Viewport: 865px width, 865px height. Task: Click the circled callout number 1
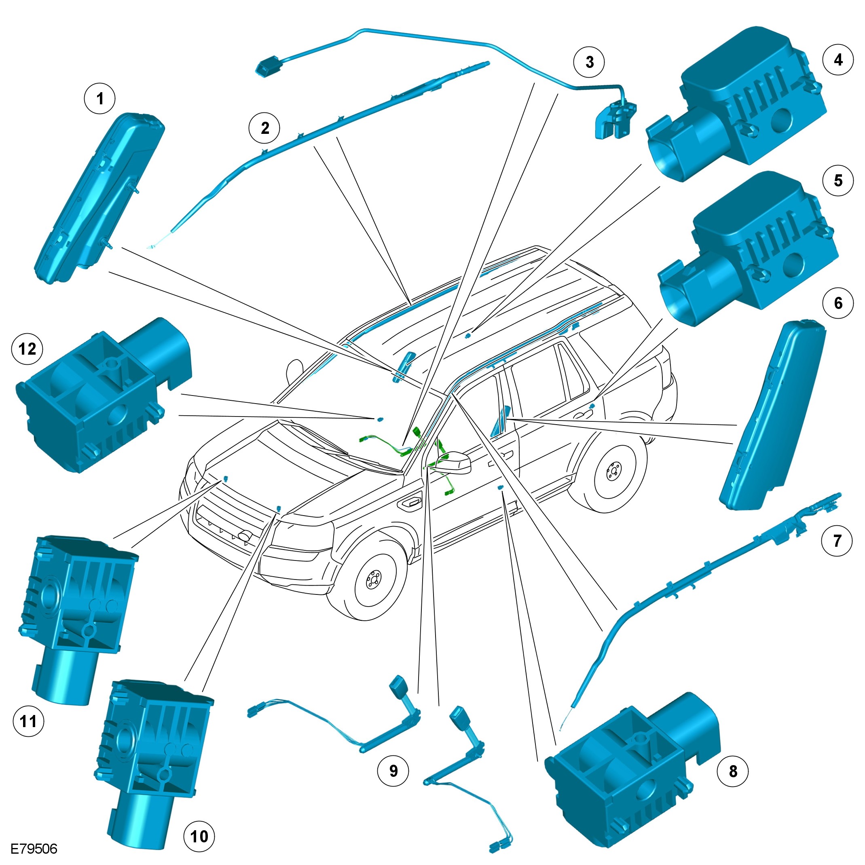pyautogui.click(x=100, y=99)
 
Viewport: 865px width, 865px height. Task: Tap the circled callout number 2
pyautogui.click(x=264, y=128)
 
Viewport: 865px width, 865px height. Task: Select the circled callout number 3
pyautogui.click(x=589, y=62)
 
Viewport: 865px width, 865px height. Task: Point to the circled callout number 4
pyautogui.click(x=838, y=60)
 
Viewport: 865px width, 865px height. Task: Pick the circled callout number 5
pyautogui.click(x=838, y=181)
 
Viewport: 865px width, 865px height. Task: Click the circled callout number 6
pyautogui.click(x=838, y=303)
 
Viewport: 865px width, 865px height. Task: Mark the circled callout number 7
pyautogui.click(x=837, y=541)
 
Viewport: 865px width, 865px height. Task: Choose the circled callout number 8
pyautogui.click(x=732, y=771)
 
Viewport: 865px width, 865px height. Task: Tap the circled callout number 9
pyautogui.click(x=393, y=770)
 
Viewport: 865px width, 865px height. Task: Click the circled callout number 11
pyautogui.click(x=29, y=721)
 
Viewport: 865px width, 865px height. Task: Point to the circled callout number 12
pyautogui.click(x=27, y=349)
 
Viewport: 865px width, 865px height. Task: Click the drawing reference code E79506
pyautogui.click(x=34, y=849)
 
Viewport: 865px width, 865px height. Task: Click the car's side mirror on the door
pyautogui.click(x=455, y=462)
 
